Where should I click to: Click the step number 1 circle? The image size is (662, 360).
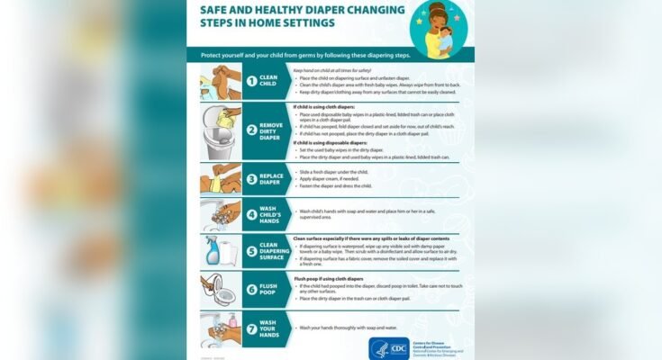[x=252, y=81]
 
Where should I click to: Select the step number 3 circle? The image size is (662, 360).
[x=252, y=179]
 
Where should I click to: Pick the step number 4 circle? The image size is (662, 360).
[x=252, y=216]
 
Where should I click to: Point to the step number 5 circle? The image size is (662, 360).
[x=252, y=253]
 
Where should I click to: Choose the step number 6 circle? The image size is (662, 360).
[x=252, y=290]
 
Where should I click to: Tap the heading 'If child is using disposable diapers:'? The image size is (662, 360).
[x=331, y=142]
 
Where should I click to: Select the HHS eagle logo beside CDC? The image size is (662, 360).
[x=378, y=346]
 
